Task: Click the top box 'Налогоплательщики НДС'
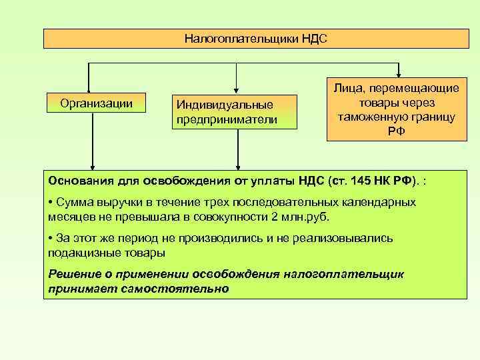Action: click(256, 39)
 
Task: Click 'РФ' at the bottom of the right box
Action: click(396, 131)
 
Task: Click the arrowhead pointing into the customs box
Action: click(398, 73)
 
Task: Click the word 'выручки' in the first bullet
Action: click(114, 202)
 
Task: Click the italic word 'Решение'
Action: click(74, 275)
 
